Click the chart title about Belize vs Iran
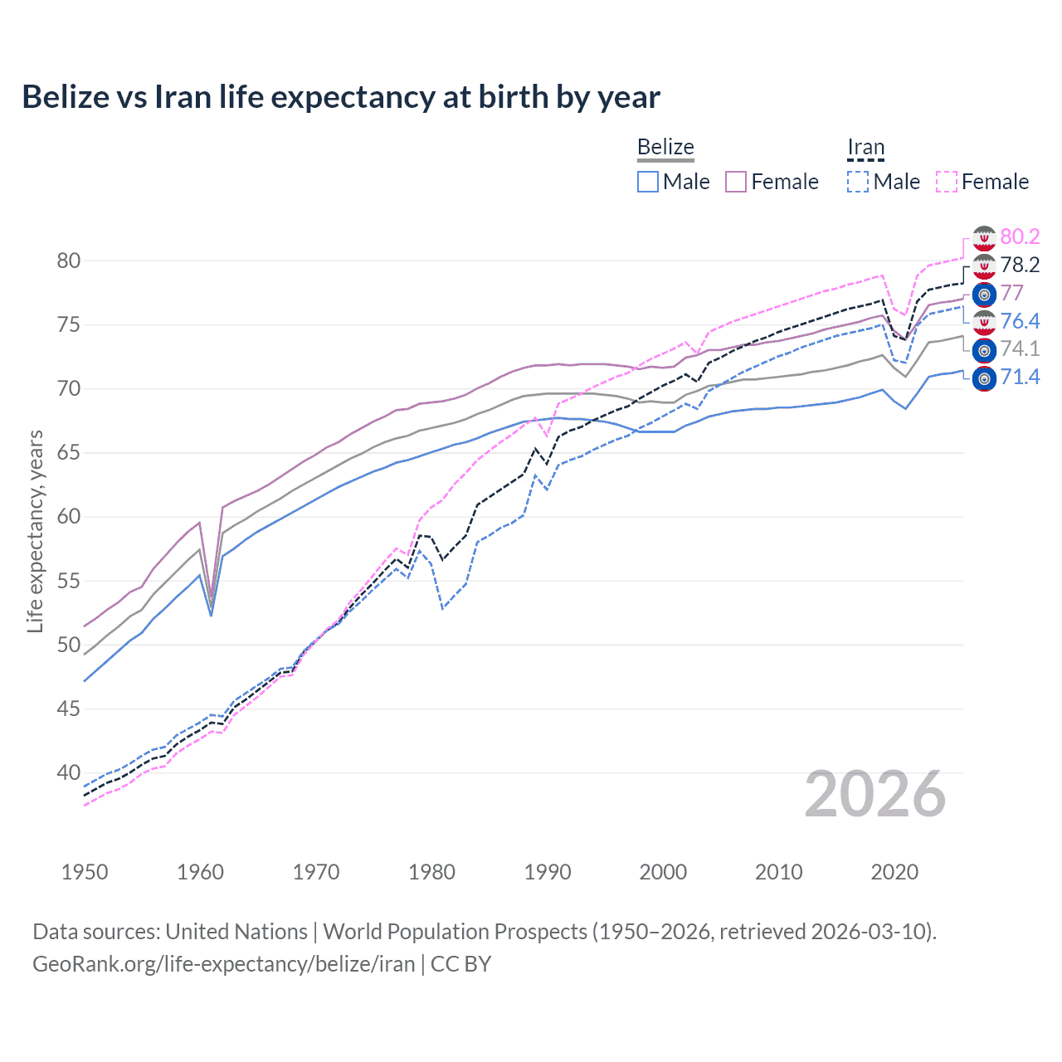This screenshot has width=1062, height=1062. coord(341,97)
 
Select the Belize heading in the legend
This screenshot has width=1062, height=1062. coord(665,147)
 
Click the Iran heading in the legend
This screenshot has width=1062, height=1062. coord(865,147)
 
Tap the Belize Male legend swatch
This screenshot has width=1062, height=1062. coord(648,182)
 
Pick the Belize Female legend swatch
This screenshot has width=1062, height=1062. coord(736,182)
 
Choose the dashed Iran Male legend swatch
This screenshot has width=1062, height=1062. coord(858,182)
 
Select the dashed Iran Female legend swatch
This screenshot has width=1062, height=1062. coord(947,182)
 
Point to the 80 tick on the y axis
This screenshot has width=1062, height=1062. coord(69,261)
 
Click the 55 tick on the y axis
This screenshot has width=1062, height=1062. coord(69,581)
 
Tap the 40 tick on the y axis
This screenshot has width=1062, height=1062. coord(69,772)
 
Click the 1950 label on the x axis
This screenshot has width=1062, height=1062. coord(85,872)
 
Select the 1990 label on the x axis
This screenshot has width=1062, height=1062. coord(548,872)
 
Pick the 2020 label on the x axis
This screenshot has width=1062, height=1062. coord(894,872)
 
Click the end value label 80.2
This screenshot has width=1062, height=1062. coord(1020,236)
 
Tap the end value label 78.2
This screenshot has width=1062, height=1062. coord(1020,265)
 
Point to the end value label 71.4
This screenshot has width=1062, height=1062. coord(1020,378)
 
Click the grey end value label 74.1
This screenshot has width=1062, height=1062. coord(1020,349)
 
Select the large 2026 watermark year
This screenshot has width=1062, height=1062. coord(875,794)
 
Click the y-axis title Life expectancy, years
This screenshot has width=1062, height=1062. coord(35,531)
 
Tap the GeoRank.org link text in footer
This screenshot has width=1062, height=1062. coord(223,964)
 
